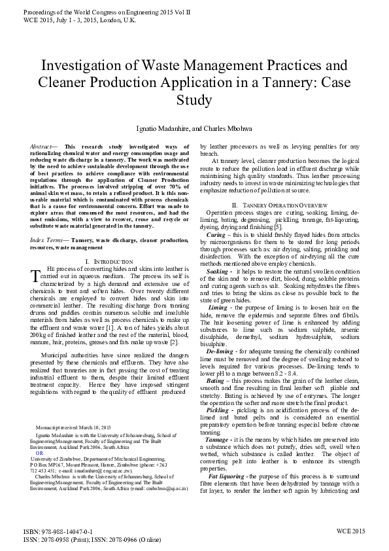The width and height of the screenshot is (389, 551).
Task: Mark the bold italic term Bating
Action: tap(214, 380)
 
